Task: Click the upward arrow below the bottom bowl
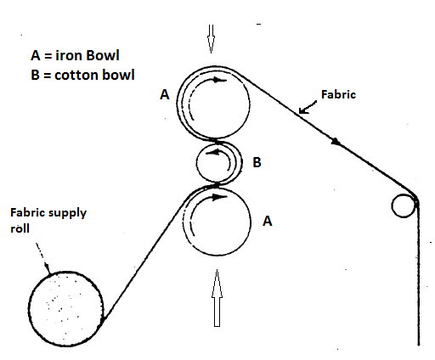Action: (216, 297)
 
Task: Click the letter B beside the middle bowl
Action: (256, 162)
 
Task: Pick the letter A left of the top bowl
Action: (165, 96)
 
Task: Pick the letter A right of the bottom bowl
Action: (267, 221)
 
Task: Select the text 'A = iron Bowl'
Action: (75, 55)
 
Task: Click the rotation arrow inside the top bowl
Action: (220, 81)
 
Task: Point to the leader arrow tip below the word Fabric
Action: (300, 110)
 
